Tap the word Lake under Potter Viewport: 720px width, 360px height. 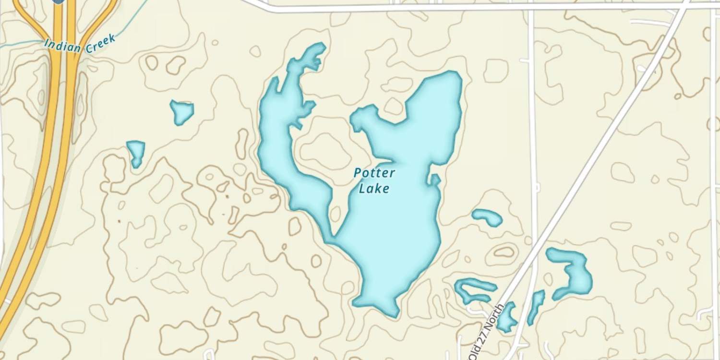[374, 189]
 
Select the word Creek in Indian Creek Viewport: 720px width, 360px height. [100, 43]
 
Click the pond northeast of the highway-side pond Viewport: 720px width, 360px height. [182, 112]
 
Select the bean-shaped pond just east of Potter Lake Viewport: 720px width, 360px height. [487, 216]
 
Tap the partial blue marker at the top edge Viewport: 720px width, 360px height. [58, 1]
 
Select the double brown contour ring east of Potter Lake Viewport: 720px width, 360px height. [503, 252]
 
